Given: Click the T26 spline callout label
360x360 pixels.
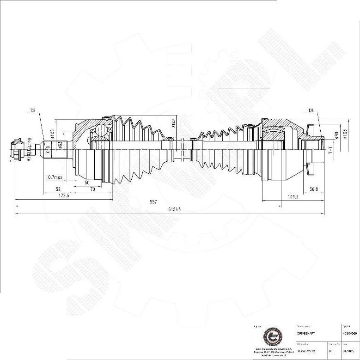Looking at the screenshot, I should point(311,111).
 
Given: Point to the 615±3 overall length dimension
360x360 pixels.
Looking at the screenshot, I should point(174,209).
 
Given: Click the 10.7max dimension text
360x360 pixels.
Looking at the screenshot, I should point(54,177).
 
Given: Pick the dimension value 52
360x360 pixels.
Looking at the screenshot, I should point(58,189).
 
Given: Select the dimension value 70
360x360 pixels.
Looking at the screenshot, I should point(92,189).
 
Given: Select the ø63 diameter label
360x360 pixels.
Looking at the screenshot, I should point(60,144).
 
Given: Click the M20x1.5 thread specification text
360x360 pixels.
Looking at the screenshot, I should point(29,149).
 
